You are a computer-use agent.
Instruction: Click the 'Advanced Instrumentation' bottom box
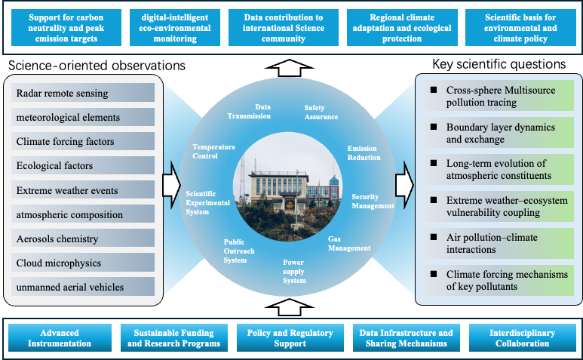pos(60,338)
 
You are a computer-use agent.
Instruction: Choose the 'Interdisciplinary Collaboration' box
pos(521,338)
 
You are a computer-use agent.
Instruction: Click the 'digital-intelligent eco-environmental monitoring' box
pos(173,26)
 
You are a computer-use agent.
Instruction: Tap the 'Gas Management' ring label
pos(348,243)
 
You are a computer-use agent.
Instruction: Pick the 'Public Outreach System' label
pos(235,251)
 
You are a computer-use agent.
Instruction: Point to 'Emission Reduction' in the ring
pos(364,152)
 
